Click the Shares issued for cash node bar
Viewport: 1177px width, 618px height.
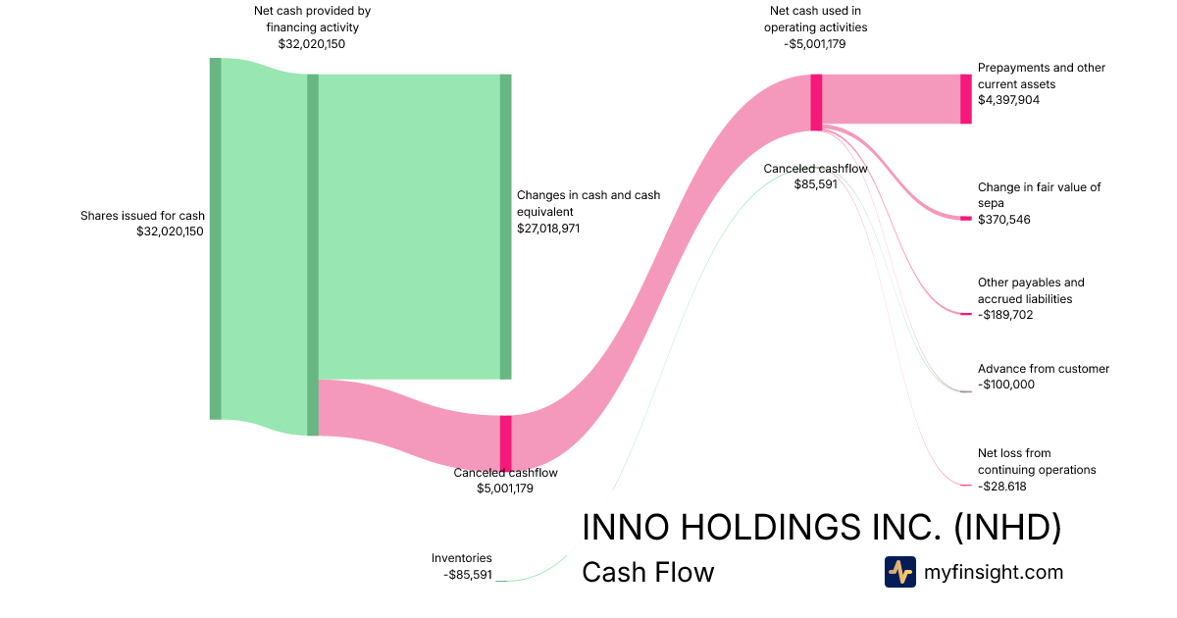215,238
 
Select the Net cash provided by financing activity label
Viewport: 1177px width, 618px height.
312,19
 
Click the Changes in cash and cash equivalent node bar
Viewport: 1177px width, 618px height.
506,227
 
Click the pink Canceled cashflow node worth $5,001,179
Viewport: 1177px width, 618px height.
506,443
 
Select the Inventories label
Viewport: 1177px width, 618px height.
461,558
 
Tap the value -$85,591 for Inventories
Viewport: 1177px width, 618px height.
467,574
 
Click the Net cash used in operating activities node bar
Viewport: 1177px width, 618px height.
816,102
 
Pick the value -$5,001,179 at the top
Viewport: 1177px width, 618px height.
816,43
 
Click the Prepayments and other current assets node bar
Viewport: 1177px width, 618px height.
966,99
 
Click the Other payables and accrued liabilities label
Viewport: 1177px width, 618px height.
1031,290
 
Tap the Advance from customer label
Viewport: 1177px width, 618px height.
1043,369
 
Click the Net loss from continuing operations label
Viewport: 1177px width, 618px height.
1037,461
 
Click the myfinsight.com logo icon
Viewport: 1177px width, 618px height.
899,572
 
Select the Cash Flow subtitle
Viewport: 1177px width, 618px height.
647,573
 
